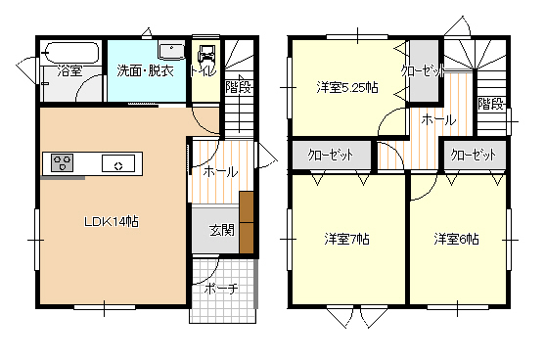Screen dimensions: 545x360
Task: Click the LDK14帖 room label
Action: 112,221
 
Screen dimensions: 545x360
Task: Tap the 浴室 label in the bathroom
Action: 69,70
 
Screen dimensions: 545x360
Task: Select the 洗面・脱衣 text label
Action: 145,70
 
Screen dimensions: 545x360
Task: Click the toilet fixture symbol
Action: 206,57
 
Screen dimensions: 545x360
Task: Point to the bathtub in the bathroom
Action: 72,53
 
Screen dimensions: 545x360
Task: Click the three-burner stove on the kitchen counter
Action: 63,162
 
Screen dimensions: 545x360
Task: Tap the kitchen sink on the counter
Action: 118,163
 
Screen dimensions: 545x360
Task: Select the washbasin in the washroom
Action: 171,52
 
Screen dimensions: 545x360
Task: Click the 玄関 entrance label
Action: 222,230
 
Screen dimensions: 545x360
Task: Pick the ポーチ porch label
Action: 221,289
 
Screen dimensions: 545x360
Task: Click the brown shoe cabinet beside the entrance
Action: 247,222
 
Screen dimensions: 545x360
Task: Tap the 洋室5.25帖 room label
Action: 347,88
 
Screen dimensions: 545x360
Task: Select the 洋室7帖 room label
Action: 347,239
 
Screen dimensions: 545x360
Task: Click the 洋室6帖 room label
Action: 456,239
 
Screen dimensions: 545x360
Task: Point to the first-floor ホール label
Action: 220,171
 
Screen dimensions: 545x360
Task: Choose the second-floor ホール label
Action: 438,120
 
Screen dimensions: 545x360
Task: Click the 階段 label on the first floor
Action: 238,87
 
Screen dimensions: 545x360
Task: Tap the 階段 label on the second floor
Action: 490,104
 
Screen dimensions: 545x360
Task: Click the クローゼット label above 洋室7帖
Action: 331,155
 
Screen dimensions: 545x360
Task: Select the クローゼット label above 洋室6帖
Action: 473,155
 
